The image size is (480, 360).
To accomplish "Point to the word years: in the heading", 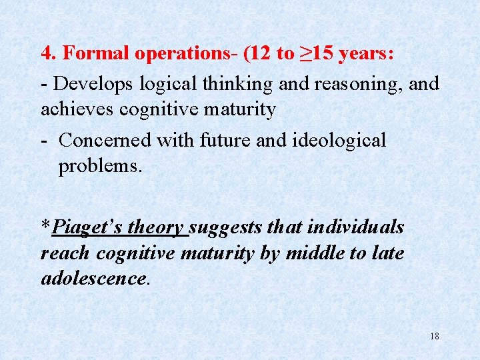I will pos(366,54).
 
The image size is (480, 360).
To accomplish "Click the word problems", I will pos(100,166).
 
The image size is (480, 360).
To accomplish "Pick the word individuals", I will pos(354,227).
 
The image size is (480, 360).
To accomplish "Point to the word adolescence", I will pos(93,278).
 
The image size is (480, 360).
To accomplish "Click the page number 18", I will pos(435,337).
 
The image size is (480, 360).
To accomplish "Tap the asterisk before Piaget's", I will pos(45,225).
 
